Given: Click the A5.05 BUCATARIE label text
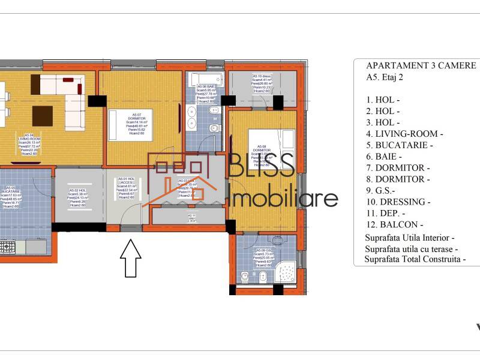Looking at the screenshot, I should coord(11,194).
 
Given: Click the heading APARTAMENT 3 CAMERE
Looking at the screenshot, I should coord(421,65).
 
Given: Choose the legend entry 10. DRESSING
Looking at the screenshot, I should coord(398,202).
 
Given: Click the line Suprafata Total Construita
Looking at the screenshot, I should coord(414,260).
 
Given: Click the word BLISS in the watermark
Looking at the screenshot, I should coord(263,166).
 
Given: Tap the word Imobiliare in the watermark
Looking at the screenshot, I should coord(284,198).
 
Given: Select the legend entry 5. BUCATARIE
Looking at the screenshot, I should coord(399,145).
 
